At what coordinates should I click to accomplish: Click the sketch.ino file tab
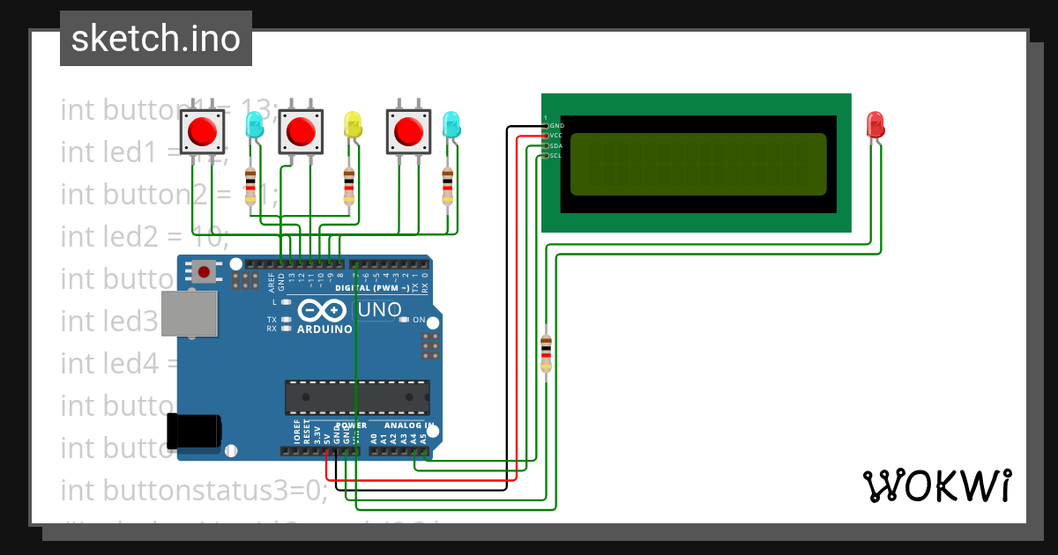156,39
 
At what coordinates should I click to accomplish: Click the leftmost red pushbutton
204,132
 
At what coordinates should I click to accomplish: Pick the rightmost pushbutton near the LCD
408,131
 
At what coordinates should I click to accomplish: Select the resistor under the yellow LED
350,185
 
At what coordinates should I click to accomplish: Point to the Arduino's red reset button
205,271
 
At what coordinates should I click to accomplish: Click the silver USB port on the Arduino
189,314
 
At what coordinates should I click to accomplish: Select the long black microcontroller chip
357,397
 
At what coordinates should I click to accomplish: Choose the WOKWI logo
936,485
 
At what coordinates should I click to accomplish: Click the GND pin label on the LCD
556,126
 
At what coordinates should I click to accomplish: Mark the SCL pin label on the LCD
556,156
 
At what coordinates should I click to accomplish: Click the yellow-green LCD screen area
698,164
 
